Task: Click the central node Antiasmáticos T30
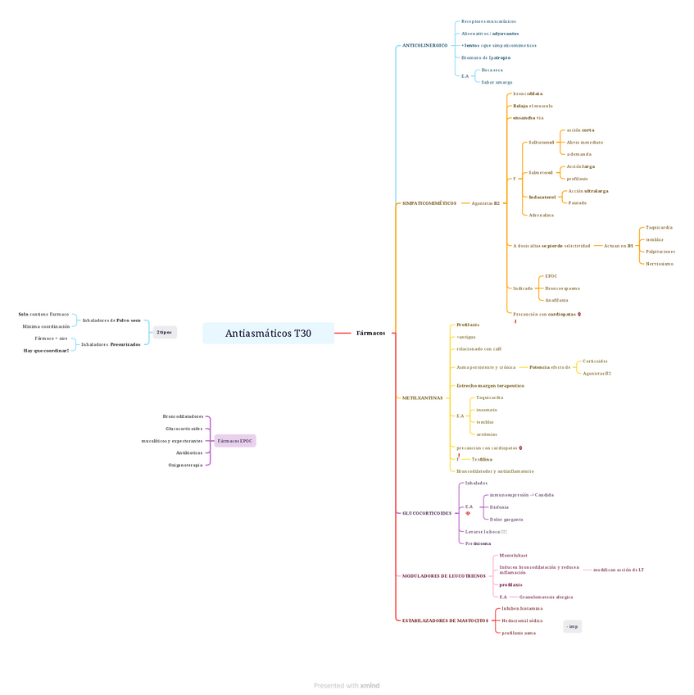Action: pos(268,334)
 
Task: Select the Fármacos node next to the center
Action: pos(370,334)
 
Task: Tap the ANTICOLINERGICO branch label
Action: pos(424,46)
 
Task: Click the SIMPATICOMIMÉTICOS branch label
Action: pos(429,203)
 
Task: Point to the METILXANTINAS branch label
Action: pos(422,398)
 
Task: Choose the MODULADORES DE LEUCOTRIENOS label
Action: pos(443,576)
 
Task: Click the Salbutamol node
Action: pos(542,143)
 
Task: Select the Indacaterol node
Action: pos(542,198)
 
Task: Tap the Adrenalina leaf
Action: pos(541,216)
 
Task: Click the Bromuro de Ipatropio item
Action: pos(486,58)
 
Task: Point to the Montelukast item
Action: pos(513,556)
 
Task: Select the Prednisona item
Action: pos(478,543)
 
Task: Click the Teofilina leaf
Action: pos(482,460)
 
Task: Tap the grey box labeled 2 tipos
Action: pos(165,333)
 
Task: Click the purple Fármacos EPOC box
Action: pos(235,441)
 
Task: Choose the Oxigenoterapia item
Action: pos(185,465)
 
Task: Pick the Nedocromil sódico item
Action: pos(522,621)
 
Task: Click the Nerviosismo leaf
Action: pos(660,264)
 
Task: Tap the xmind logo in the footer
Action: pos(370,686)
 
